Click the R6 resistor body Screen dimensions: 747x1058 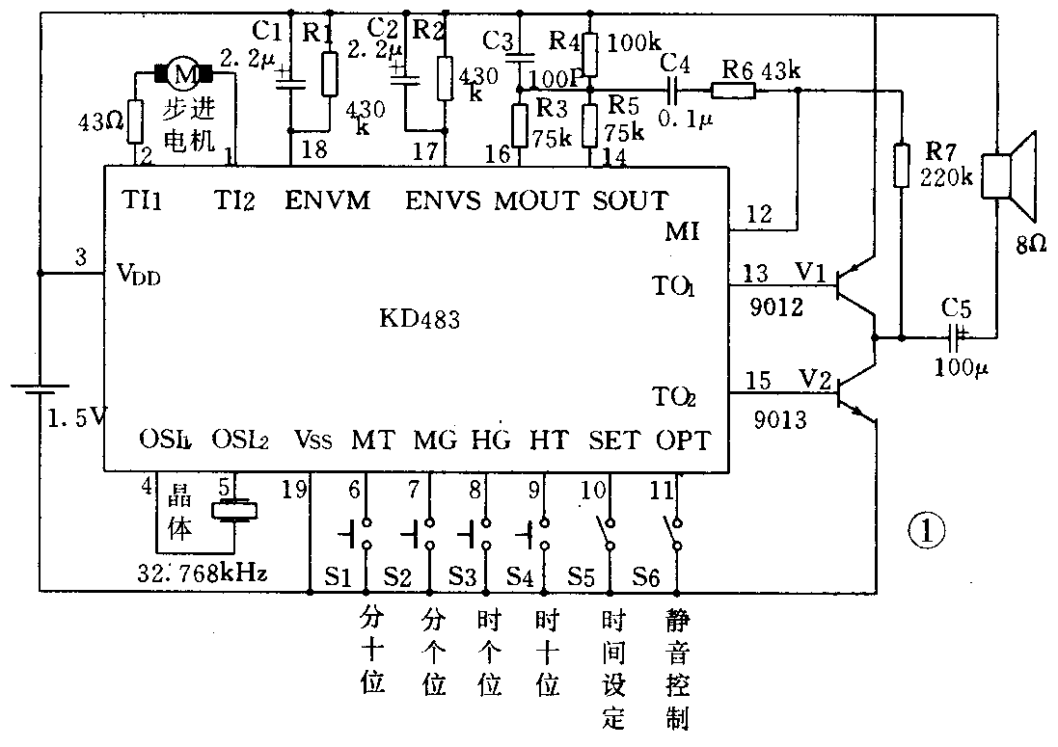tap(733, 93)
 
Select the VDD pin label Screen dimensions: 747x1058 tap(141, 276)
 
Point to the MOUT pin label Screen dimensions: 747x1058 tap(536, 200)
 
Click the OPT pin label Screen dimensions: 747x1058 tap(683, 440)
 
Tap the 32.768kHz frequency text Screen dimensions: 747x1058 tap(203, 574)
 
